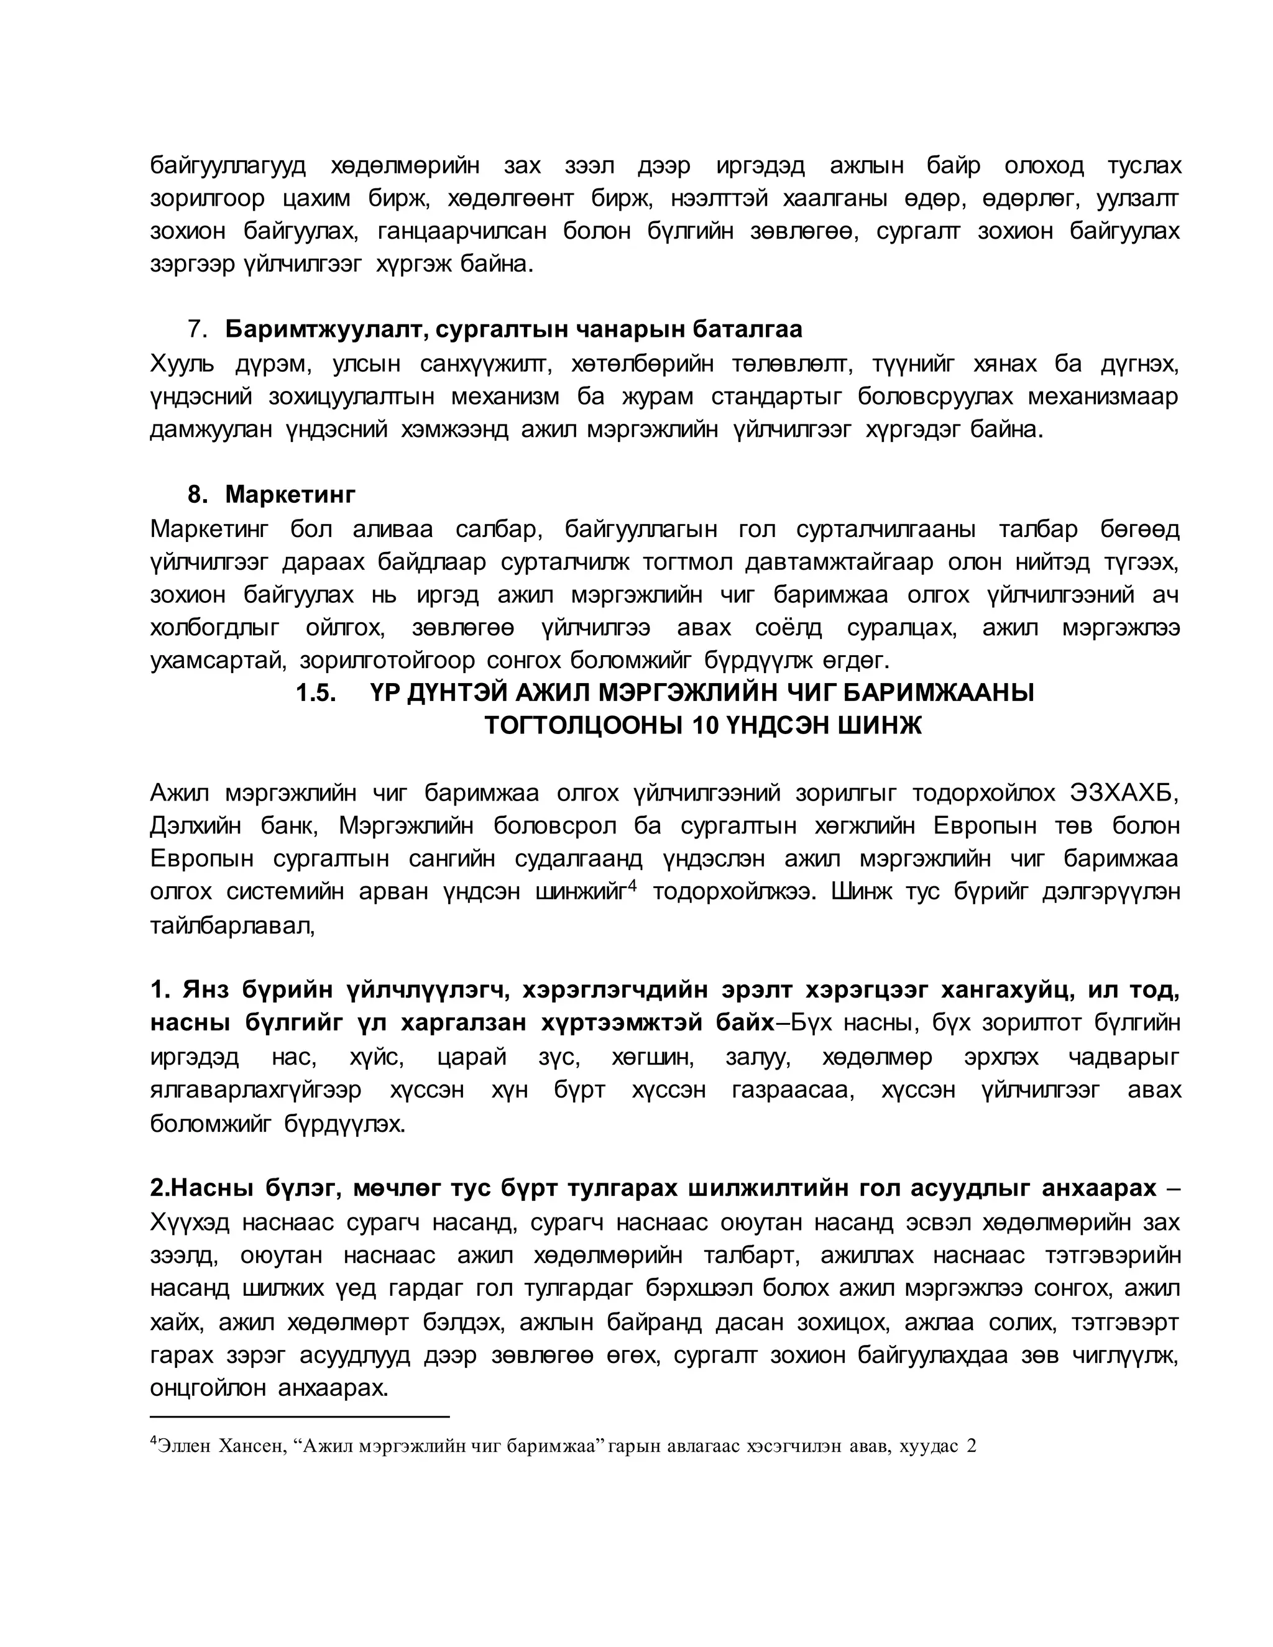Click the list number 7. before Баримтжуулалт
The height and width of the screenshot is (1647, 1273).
click(197, 329)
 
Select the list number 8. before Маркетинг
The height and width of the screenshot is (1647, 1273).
click(197, 495)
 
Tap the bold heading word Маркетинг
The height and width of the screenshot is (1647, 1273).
click(290, 495)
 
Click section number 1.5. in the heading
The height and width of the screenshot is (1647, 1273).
click(315, 692)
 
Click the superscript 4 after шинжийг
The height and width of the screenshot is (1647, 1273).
click(633, 886)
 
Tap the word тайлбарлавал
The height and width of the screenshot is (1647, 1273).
click(231, 925)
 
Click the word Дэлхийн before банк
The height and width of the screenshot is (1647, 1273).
click(195, 826)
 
